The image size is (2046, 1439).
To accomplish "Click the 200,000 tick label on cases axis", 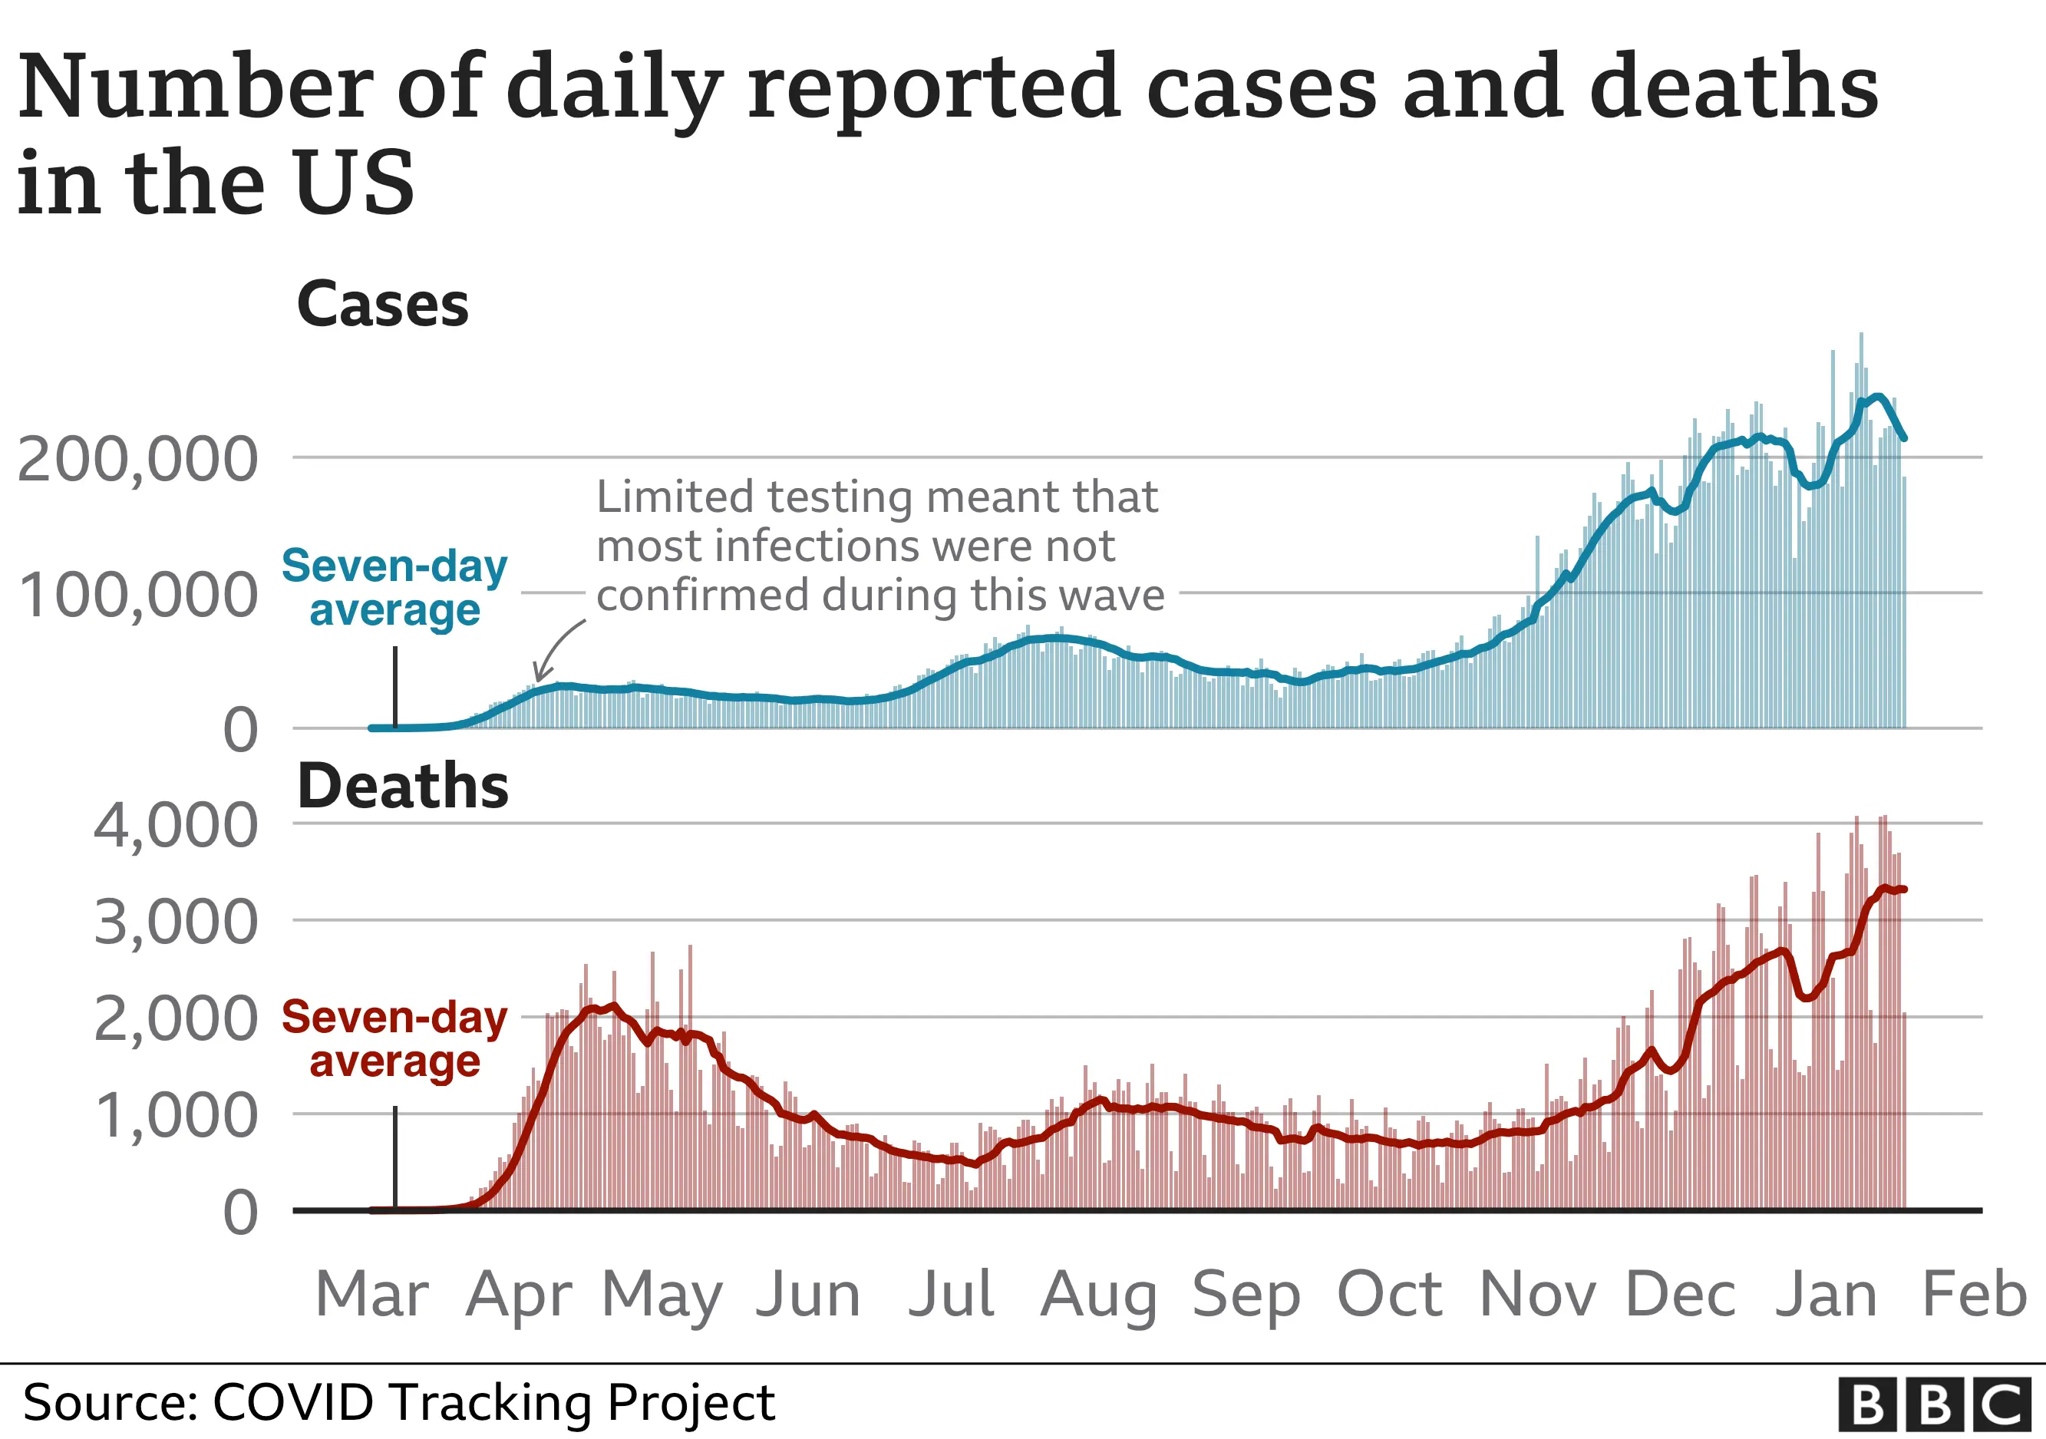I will click(x=138, y=460).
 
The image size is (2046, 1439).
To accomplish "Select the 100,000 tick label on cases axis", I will click(x=138, y=596).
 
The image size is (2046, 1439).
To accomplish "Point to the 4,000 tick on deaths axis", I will click(x=176, y=827).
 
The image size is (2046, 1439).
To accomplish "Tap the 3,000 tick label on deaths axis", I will click(x=176, y=923).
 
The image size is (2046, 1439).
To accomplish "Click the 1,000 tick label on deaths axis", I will click(x=176, y=1117).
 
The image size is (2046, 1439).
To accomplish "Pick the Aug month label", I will click(x=1098, y=1296).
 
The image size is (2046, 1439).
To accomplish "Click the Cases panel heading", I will click(x=382, y=305).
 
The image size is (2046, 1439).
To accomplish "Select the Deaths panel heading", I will click(x=402, y=787).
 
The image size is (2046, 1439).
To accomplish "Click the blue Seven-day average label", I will click(x=394, y=588).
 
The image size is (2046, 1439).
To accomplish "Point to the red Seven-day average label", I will click(x=394, y=1039).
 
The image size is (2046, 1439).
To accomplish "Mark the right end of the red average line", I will click(x=1903, y=889).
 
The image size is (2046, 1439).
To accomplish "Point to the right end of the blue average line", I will click(x=1903, y=437).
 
